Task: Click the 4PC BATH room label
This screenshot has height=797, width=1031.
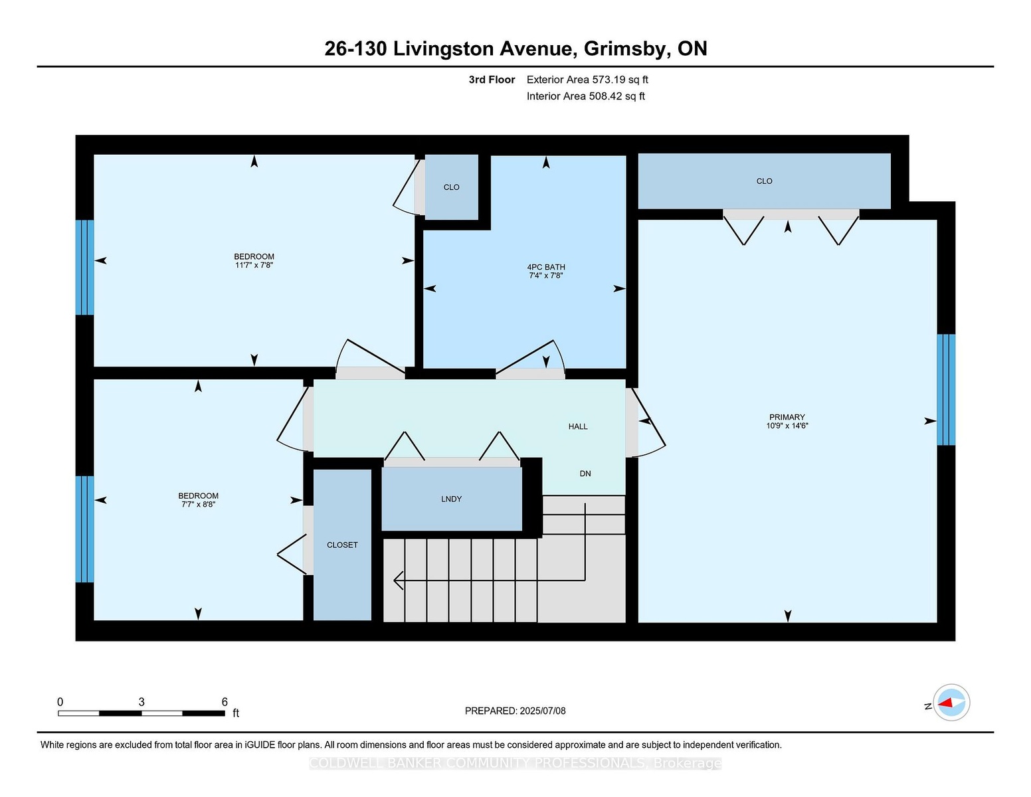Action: [x=545, y=267]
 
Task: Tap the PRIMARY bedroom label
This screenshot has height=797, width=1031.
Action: [x=787, y=417]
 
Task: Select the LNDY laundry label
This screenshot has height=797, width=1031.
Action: [x=451, y=499]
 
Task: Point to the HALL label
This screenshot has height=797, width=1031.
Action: [x=578, y=426]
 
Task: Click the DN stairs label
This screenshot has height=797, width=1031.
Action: [x=585, y=473]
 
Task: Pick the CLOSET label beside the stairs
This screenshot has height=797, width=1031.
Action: [x=342, y=545]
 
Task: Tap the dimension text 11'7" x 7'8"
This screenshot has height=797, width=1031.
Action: [x=254, y=265]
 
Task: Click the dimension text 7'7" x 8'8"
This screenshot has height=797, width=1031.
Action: [x=199, y=504]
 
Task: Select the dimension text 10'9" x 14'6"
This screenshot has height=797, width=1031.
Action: [x=787, y=426]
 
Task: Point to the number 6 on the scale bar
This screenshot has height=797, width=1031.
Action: [x=225, y=702]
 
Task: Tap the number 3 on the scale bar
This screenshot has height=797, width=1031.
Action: [x=141, y=702]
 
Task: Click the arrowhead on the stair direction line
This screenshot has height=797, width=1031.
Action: [x=398, y=580]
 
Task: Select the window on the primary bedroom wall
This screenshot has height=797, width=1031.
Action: [x=945, y=390]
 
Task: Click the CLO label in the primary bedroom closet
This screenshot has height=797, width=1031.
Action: [x=764, y=181]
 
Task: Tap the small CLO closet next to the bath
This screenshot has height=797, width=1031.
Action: [x=451, y=187]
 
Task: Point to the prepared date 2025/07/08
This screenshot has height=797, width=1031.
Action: [x=543, y=711]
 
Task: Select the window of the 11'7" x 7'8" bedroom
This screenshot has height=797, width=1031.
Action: [x=85, y=268]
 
